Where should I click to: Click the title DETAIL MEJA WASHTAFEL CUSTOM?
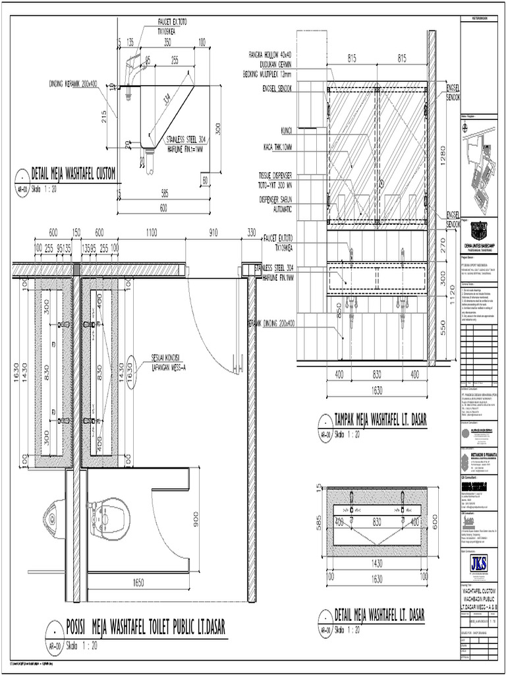(73, 175)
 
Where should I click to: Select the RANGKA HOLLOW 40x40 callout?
(270, 54)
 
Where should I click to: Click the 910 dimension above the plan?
(213, 233)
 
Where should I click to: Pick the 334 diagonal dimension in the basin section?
(168, 103)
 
